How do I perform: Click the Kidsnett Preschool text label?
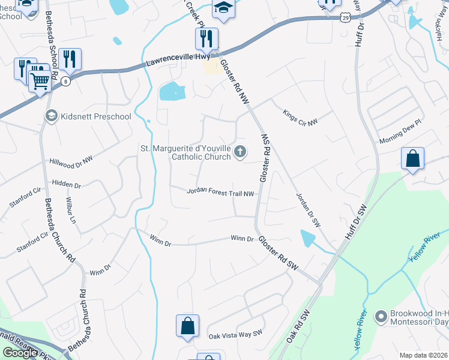[95, 116]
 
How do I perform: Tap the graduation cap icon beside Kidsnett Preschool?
[52, 115]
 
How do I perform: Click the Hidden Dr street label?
[66, 184]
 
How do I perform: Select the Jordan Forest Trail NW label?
[221, 192]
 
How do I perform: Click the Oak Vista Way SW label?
[235, 334]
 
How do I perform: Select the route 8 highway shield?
[65, 82]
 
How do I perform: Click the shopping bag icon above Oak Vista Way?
[187, 326]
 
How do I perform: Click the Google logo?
[20, 353]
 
